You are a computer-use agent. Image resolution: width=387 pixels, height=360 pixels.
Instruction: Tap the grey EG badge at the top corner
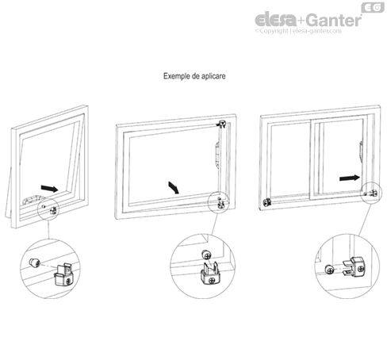pos(372,8)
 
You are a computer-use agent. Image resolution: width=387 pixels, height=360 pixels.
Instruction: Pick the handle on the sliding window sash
pos(359,151)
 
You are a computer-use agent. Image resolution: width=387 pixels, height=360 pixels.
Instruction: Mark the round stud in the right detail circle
pos(327,267)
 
